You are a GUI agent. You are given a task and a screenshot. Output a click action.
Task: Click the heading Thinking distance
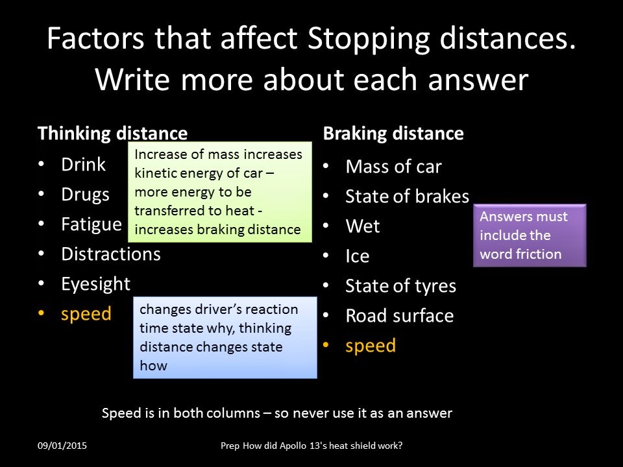pyautogui.click(x=112, y=134)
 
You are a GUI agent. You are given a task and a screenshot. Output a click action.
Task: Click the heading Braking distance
pyautogui.click(x=393, y=134)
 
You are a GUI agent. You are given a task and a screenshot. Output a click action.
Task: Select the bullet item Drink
pyautogui.click(x=83, y=165)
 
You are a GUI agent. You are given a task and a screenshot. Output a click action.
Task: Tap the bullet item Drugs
pyautogui.click(x=85, y=194)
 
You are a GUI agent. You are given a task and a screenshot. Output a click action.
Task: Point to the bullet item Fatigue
pyautogui.click(x=92, y=224)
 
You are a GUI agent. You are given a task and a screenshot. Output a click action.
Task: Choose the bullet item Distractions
pyautogui.click(x=110, y=254)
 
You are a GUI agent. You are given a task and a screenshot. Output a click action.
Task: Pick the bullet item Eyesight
pyautogui.click(x=95, y=283)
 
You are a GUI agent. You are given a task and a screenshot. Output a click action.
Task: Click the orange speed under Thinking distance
pyautogui.click(x=86, y=314)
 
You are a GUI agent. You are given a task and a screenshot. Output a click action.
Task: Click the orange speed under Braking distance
pyautogui.click(x=371, y=346)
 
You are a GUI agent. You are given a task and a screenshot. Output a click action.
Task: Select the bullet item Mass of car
pyautogui.click(x=393, y=167)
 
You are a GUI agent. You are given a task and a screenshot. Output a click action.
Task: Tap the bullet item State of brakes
pyautogui.click(x=407, y=197)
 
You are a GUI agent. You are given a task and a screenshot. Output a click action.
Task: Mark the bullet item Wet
pyautogui.click(x=363, y=226)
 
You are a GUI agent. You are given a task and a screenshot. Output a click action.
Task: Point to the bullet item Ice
pyautogui.click(x=357, y=256)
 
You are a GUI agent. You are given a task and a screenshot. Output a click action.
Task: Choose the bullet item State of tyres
pyautogui.click(x=400, y=286)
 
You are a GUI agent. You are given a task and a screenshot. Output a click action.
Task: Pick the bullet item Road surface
pyautogui.click(x=399, y=316)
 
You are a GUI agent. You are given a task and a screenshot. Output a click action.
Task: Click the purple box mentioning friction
pyautogui.click(x=530, y=235)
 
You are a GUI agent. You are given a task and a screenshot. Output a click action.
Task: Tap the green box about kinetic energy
pyautogui.click(x=219, y=192)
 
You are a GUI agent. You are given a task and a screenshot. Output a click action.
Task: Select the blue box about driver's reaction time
pyautogui.click(x=225, y=337)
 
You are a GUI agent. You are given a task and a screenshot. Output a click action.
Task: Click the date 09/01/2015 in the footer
pyautogui.click(x=62, y=446)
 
